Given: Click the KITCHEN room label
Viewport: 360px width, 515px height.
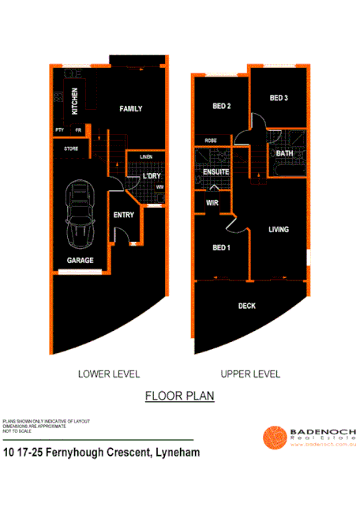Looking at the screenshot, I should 74,100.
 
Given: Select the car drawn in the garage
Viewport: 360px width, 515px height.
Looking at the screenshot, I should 81,212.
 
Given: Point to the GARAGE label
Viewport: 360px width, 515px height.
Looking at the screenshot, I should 80,260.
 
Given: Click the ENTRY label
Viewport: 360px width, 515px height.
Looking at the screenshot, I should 124,215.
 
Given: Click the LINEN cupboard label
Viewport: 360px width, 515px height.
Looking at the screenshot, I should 146,157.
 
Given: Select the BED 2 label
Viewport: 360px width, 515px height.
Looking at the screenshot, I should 221,107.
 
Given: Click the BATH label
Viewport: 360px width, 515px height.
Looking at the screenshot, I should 284,153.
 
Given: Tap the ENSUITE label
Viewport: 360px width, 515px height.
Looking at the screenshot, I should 216,171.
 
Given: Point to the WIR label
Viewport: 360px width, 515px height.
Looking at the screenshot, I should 212,203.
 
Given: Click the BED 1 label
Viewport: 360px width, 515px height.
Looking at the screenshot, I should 222,248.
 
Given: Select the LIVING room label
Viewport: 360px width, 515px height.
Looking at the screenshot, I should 279,230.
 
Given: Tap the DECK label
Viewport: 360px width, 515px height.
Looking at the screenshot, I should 247,305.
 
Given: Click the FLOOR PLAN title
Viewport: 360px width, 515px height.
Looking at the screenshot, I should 179,396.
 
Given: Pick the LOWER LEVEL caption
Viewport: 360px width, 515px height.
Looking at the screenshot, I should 109,374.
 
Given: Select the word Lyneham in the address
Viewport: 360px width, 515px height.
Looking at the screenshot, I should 171,453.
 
